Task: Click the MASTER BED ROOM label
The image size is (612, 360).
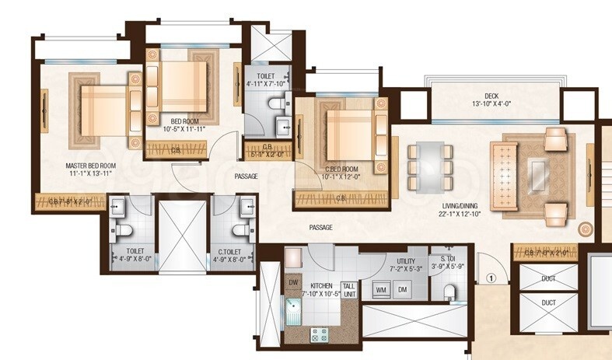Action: (x=91, y=166)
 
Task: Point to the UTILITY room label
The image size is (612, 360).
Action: (x=405, y=261)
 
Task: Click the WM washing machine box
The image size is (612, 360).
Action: (x=381, y=289)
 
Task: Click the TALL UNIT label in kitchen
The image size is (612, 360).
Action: (x=349, y=290)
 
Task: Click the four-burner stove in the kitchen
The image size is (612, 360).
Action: (x=320, y=335)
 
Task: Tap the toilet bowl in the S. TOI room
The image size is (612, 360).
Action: (x=449, y=292)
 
